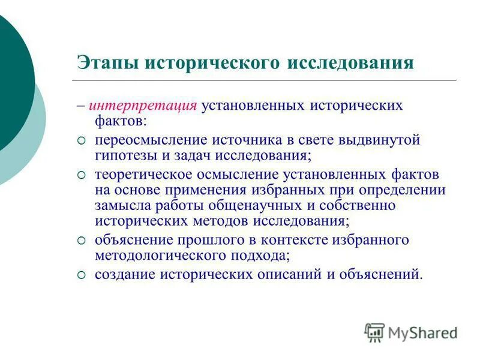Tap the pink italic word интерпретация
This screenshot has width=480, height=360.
143,106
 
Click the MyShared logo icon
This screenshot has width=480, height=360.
374,332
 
